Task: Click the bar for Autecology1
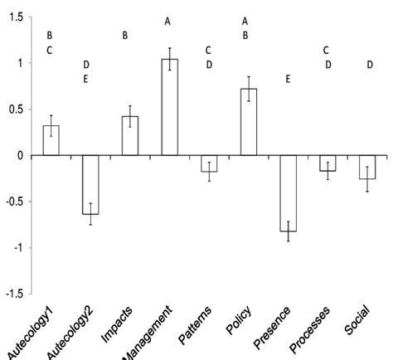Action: pos(51,140)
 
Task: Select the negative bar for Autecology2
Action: pos(90,184)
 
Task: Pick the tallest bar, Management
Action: pos(169,107)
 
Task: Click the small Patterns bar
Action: pos(209,163)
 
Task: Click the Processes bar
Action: pos(327,163)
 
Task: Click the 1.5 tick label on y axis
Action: pos(12,17)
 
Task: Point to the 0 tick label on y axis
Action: pos(17,155)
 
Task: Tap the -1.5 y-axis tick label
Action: pos(11,293)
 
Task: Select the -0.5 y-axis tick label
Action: pos(11,202)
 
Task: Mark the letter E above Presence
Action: pos(288,80)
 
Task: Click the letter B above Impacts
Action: pos(125,35)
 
